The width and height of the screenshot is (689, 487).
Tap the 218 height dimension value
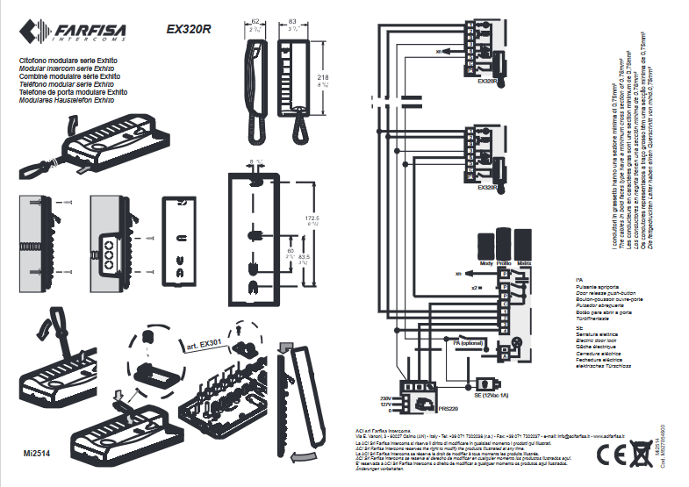coord(323,78)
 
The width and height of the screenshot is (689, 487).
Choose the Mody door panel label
coord(485,262)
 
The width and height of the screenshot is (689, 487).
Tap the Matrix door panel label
coord(524,262)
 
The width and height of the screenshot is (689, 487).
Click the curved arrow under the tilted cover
coord(304,455)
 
